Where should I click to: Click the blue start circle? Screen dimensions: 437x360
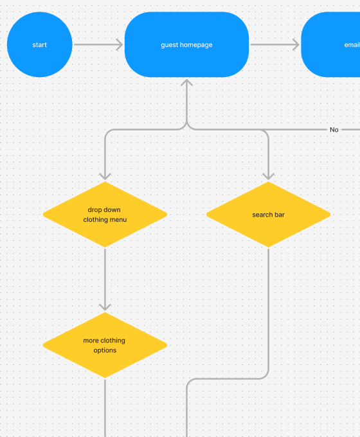click(x=40, y=44)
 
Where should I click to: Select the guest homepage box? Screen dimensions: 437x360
click(x=186, y=44)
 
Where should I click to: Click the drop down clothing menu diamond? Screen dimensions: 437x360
click(x=105, y=214)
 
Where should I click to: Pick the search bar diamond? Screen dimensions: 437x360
click(x=268, y=214)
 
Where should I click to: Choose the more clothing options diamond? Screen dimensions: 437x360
click(x=105, y=345)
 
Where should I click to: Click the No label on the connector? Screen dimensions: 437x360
click(x=334, y=130)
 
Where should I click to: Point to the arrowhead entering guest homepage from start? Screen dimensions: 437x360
click(x=119, y=44)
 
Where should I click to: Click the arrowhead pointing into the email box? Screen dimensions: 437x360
click(x=296, y=44)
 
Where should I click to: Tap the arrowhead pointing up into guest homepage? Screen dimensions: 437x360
click(x=186, y=83)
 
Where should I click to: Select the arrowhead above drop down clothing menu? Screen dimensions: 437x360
click(x=105, y=176)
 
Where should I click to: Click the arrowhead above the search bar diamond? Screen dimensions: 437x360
click(x=268, y=176)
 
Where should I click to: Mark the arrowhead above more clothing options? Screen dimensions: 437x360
click(x=105, y=307)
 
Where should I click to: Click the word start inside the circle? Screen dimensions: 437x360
click(x=40, y=45)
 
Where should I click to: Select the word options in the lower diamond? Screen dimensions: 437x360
click(x=105, y=350)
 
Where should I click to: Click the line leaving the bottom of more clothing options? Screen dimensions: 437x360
click(x=105, y=405)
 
